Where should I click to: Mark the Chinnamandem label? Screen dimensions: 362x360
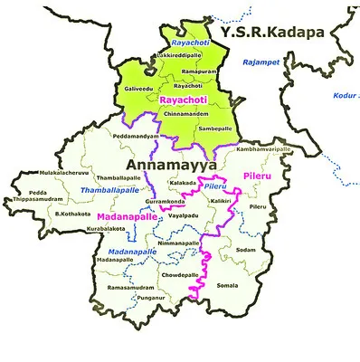point(185,115)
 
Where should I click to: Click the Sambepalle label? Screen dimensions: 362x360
point(215,129)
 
